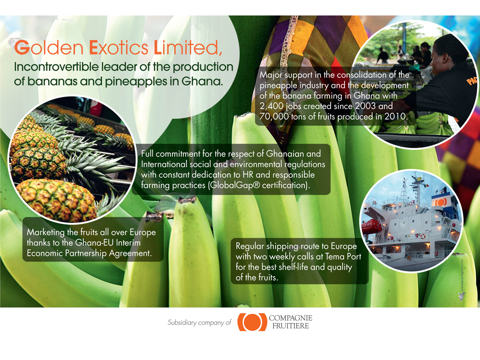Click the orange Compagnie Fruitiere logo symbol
[x=252, y=322]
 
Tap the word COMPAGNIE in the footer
[x=291, y=318]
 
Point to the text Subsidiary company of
[x=199, y=322]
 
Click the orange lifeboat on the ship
[x=371, y=226]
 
